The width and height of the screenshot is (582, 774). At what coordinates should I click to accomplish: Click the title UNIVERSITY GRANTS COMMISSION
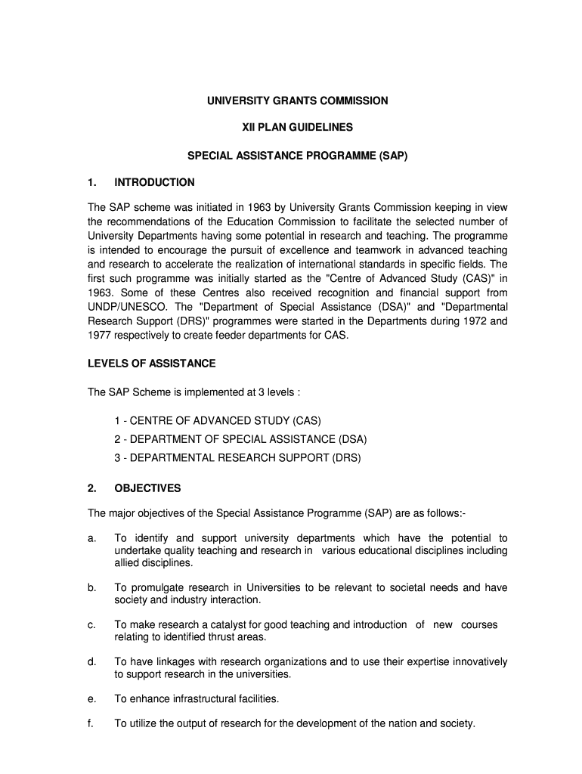pos(298,101)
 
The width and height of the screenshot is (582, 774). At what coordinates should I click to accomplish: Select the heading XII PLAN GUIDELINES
pos(298,128)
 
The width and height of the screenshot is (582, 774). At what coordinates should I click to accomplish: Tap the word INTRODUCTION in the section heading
pos(154,182)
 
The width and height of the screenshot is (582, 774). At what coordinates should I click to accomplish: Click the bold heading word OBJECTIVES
pos(147,488)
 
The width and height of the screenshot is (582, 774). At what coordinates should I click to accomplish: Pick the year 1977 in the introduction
pos(102,335)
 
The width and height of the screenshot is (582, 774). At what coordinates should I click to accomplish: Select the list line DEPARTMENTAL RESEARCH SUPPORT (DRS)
pos(238,458)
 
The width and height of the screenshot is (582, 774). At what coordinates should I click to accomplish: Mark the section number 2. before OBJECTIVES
pos(91,488)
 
